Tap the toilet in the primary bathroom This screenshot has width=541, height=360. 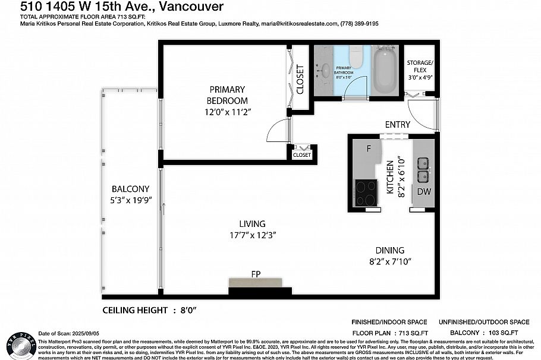click(356, 57)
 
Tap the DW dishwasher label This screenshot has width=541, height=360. click(424, 191)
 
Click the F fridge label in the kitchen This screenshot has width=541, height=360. click(369, 149)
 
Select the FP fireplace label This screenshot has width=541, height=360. click(256, 274)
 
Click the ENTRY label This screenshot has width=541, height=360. click(397, 124)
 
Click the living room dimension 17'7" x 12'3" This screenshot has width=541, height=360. click(252, 235)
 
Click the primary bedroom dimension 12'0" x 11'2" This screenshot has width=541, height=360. click(227, 112)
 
